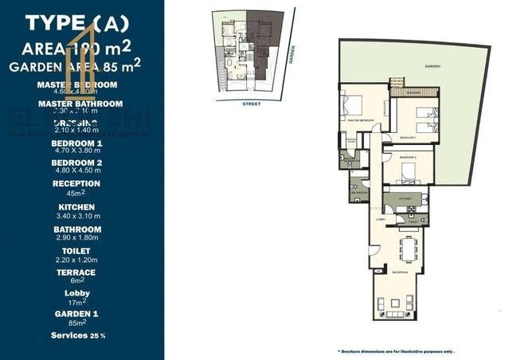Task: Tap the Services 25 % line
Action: point(78,335)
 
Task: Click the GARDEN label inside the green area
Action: point(432,66)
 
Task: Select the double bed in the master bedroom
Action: point(351,105)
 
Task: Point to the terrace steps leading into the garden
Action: point(397,84)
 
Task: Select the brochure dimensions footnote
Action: point(397,350)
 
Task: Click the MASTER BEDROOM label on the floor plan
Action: point(362,120)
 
